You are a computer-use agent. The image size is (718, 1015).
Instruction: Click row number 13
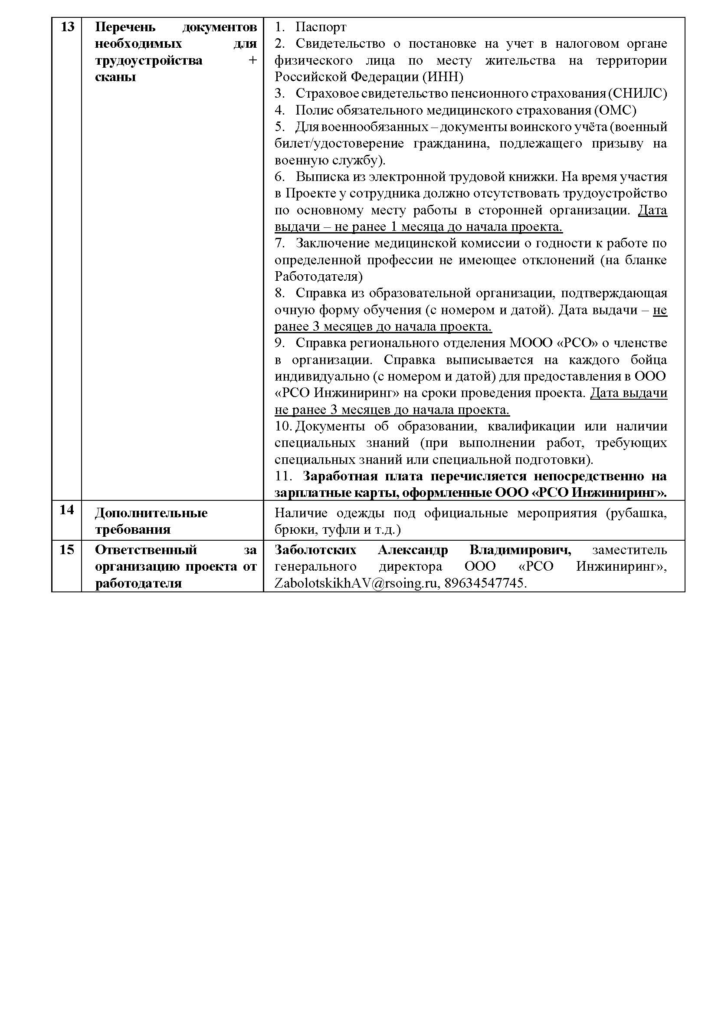click(67, 27)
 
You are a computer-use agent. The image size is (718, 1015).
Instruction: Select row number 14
click(67, 510)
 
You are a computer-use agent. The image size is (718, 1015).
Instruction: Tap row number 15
click(67, 550)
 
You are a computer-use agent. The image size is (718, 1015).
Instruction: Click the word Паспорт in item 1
click(321, 27)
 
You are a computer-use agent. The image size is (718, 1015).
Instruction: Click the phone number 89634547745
click(485, 583)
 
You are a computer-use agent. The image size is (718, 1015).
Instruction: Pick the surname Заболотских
click(315, 550)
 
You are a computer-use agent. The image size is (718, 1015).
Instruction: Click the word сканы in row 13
click(115, 77)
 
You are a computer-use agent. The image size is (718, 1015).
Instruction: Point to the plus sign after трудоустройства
click(252, 60)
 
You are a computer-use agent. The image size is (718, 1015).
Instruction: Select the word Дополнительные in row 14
click(151, 513)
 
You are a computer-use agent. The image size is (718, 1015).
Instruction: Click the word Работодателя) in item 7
click(318, 276)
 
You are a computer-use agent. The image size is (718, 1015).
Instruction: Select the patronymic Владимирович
click(520, 550)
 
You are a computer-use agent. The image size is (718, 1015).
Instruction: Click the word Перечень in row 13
click(125, 27)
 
